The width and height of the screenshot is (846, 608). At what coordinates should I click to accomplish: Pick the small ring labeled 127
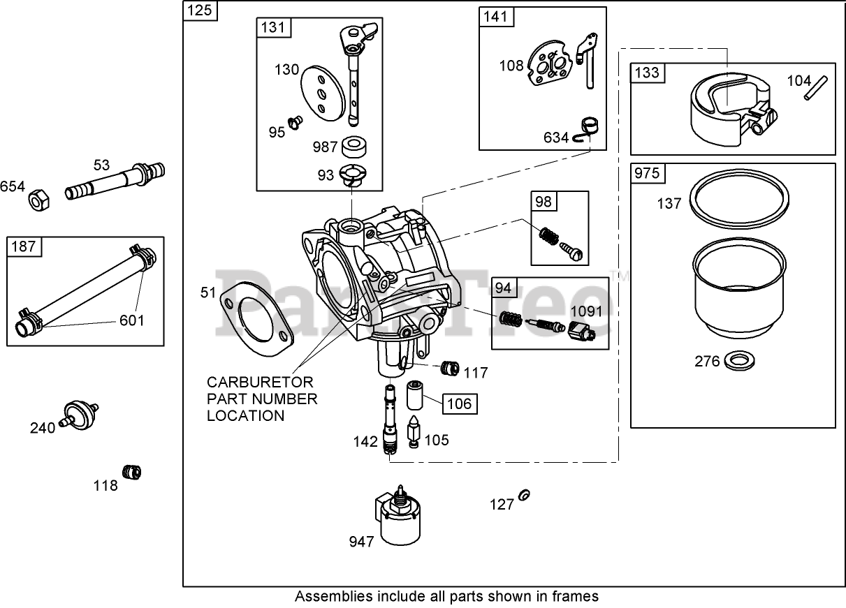click(x=524, y=495)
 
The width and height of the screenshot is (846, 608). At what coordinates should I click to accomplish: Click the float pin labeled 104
click(x=816, y=88)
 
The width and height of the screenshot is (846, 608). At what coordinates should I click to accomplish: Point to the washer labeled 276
click(x=740, y=360)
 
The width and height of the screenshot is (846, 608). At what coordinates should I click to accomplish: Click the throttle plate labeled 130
click(x=323, y=94)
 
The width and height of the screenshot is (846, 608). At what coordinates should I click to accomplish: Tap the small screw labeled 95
click(x=296, y=123)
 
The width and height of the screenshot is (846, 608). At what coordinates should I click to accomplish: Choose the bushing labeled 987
click(x=354, y=147)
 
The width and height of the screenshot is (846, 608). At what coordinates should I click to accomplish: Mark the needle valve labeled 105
click(x=414, y=432)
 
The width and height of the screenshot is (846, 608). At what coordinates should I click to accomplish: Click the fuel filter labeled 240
click(x=80, y=415)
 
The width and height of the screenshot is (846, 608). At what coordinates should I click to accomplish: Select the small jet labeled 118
click(x=132, y=472)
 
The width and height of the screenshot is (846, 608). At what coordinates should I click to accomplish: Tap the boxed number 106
click(x=460, y=404)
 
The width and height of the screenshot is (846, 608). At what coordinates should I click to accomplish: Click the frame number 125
click(x=200, y=10)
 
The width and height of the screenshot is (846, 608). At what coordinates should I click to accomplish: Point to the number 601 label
click(x=132, y=320)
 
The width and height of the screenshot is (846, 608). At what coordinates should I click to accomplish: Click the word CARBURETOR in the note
click(x=260, y=383)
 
